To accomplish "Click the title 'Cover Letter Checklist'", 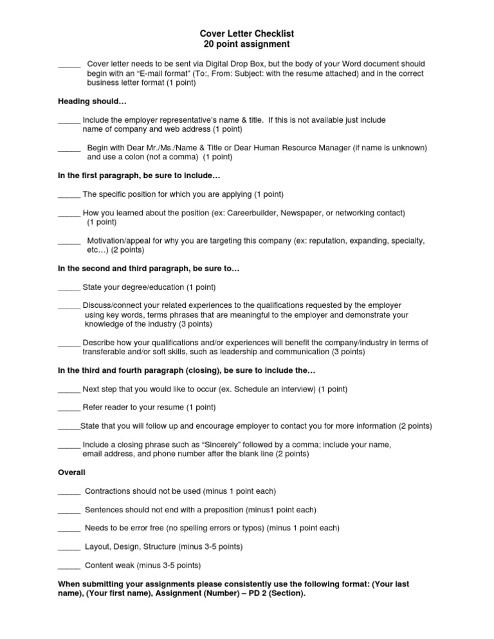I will tap(247, 33).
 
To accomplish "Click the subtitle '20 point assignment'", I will tap(247, 44).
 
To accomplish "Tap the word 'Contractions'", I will tap(110, 491).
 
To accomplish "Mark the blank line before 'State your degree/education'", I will tap(69, 287).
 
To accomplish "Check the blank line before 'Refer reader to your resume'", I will tap(69, 408).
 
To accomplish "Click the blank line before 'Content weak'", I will tap(69, 566).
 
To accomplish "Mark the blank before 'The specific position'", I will tap(69, 194).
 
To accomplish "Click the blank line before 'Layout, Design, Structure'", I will tap(69, 547).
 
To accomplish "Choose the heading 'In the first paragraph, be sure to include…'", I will tap(139, 175).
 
